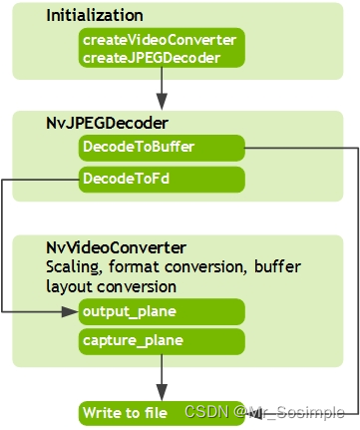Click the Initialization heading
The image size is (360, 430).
94,16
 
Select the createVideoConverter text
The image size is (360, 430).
160,40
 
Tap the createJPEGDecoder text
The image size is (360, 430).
152,58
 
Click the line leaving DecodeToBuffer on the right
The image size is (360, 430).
299,149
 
